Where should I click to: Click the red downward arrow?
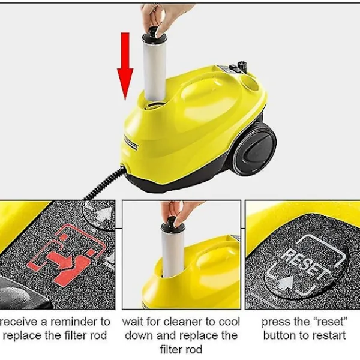[125, 66]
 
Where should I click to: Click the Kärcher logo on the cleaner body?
[130, 142]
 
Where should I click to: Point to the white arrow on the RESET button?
[285, 283]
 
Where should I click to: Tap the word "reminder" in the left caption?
[71, 322]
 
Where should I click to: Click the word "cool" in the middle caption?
[229, 322]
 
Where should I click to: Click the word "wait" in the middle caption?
[132, 322]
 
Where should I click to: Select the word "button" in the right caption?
[278, 335]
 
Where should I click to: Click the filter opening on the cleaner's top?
[154, 103]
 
